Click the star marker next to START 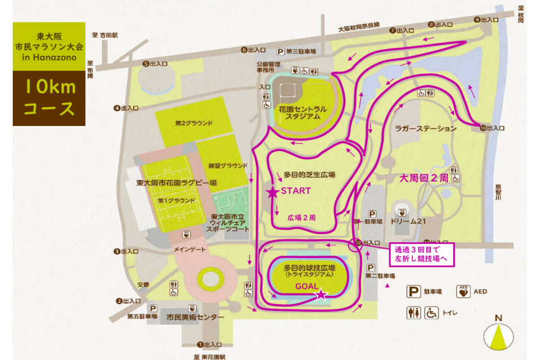(273, 193)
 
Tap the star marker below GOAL (321, 294)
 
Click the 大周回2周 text (424, 178)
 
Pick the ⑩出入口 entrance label (492, 129)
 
